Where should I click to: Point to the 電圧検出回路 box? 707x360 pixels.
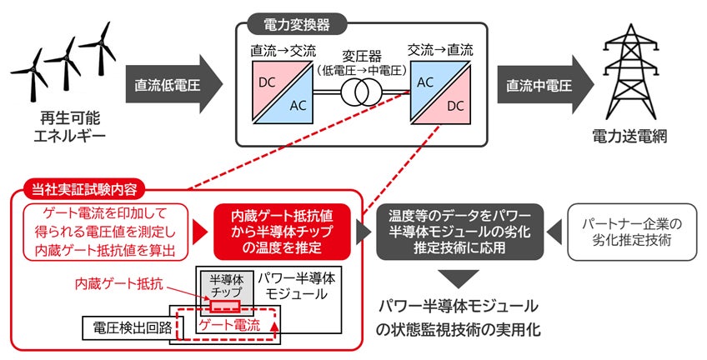(x=125, y=327)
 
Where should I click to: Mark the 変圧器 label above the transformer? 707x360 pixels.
(x=361, y=57)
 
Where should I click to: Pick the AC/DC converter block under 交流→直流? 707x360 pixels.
(x=442, y=91)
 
